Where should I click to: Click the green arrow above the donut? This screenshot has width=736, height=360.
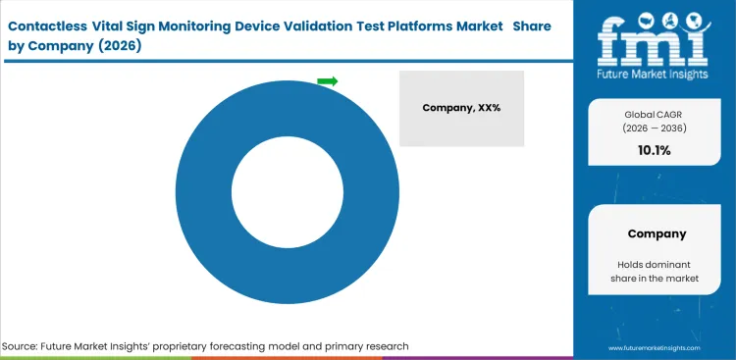coord(328,81)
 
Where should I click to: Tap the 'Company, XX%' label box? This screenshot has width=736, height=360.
coord(461,108)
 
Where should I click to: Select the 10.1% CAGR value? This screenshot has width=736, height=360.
coord(656,150)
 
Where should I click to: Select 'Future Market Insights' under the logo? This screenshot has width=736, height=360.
coord(656,75)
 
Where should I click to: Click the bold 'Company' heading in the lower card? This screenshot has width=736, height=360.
coord(656,233)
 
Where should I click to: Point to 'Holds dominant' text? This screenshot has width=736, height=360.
coord(656,264)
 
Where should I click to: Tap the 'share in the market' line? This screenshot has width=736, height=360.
coord(656,280)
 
